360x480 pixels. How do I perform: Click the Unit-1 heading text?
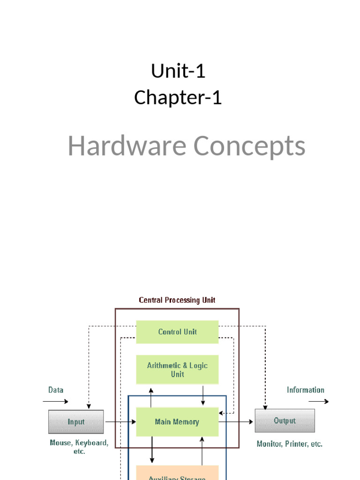tap(178, 71)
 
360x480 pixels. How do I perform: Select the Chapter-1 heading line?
tap(178, 97)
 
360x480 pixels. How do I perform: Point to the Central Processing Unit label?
tap(177, 300)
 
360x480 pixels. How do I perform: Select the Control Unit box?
tap(177, 332)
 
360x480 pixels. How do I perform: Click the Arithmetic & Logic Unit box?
tap(177, 370)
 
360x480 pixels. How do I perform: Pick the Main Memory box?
tap(177, 422)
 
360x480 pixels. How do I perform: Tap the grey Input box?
tap(76, 421)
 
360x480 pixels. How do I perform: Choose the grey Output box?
tap(285, 420)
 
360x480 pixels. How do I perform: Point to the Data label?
tap(56, 390)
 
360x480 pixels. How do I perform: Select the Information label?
tap(305, 390)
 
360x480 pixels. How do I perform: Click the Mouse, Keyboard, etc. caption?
tap(79, 447)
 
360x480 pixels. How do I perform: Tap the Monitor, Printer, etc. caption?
tap(289, 443)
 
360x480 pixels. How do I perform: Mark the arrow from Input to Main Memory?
tap(120, 422)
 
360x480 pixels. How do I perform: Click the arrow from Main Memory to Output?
tap(236, 422)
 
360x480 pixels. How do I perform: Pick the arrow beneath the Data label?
tap(55, 401)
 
